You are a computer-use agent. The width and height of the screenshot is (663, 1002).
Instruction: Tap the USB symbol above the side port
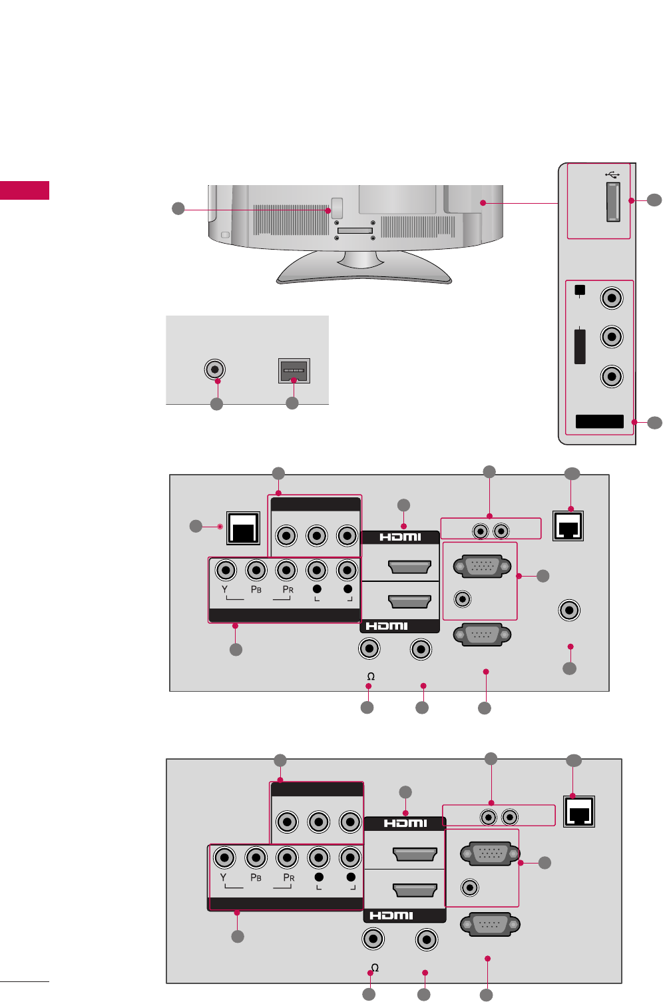click(612, 174)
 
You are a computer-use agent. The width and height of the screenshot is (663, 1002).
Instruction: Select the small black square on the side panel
click(580, 290)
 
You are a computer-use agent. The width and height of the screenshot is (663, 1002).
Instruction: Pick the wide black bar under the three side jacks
click(599, 421)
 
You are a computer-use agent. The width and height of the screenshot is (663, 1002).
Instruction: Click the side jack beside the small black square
click(612, 297)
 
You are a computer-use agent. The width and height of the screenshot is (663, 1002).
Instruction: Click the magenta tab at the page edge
click(25, 190)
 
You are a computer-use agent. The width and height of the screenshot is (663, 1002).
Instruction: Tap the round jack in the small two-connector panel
click(214, 370)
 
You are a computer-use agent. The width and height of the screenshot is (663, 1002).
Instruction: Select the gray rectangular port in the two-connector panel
click(294, 370)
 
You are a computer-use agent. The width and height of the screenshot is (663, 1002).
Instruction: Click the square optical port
click(243, 528)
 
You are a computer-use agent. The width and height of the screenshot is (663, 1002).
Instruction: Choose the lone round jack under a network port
click(569, 610)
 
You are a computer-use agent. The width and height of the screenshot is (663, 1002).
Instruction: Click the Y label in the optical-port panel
click(225, 589)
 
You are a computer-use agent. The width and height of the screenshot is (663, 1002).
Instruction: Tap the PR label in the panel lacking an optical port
click(288, 877)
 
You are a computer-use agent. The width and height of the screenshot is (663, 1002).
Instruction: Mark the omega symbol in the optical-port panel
click(371, 676)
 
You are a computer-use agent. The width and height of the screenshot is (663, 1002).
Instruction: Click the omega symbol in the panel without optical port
click(375, 967)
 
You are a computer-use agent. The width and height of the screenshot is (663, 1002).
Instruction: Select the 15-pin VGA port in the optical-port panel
click(482, 567)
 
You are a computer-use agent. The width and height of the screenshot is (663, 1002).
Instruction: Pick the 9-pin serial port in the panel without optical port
click(489, 925)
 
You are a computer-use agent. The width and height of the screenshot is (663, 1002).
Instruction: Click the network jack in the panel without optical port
click(579, 812)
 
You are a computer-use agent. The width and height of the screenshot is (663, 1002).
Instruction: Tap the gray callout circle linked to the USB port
click(654, 200)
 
